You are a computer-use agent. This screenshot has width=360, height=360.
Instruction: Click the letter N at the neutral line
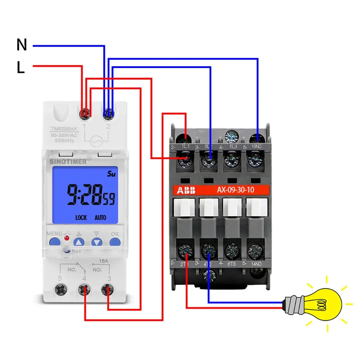pos(22,45)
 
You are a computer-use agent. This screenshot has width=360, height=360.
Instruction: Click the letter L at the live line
pos(21,68)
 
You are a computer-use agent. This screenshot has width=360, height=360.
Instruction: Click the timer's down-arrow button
pos(97,242)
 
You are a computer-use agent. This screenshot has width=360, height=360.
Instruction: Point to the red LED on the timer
pos(66,238)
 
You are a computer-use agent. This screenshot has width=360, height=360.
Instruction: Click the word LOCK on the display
pos(81,217)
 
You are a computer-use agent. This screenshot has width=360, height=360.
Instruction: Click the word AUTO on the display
pos(100,217)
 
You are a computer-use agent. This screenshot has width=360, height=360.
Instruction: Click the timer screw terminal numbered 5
pos(60,289)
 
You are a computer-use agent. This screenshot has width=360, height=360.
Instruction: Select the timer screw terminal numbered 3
pos(108,289)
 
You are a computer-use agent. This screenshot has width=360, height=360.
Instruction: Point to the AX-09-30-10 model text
pos(236,190)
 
